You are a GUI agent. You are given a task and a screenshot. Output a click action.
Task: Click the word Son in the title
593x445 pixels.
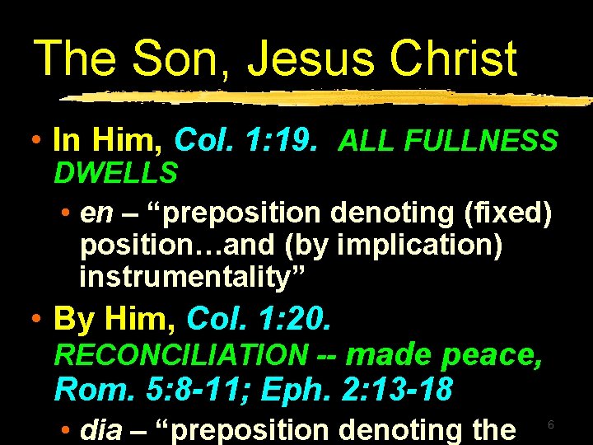tap(168, 59)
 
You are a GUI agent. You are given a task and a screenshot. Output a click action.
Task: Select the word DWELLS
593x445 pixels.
tap(115, 172)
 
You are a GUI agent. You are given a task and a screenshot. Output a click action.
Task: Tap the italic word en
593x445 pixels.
tap(96, 212)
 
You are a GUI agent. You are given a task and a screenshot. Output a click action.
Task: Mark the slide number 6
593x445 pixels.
tap(550, 424)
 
